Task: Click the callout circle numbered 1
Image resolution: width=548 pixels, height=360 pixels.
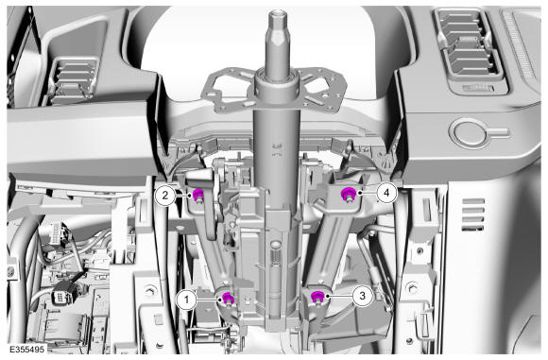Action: pyautogui.click(x=187, y=300)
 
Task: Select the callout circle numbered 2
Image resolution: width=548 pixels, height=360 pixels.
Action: pyautogui.click(x=165, y=195)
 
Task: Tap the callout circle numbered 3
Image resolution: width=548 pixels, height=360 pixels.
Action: pyautogui.click(x=362, y=296)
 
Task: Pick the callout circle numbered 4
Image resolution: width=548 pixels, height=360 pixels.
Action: pyautogui.click(x=386, y=192)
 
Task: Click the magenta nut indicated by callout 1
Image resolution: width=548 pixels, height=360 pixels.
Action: pyautogui.click(x=228, y=299)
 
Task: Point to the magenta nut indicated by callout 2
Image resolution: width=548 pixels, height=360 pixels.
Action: pyautogui.click(x=197, y=194)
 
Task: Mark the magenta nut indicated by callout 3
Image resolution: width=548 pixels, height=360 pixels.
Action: pyautogui.click(x=317, y=297)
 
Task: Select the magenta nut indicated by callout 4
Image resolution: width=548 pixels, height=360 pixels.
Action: pyautogui.click(x=348, y=194)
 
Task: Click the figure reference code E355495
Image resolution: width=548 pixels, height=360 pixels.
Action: pyautogui.click(x=26, y=350)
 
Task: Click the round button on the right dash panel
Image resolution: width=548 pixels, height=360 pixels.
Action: pyautogui.click(x=469, y=132)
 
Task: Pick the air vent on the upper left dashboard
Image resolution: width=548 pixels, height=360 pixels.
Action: pyautogui.click(x=73, y=80)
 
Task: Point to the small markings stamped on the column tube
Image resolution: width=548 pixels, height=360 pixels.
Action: pyautogui.click(x=277, y=149)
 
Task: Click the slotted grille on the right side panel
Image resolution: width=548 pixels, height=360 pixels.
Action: pyautogui.click(x=473, y=214)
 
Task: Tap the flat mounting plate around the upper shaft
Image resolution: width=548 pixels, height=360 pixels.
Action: pyautogui.click(x=276, y=91)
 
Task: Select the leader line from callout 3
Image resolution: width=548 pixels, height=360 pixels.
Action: pyautogui.click(x=340, y=296)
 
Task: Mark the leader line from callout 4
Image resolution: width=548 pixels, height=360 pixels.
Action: pyautogui.click(x=368, y=192)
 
